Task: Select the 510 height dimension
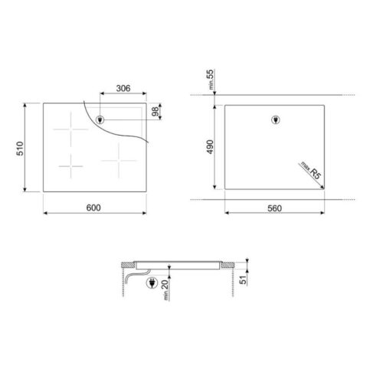click(20, 148)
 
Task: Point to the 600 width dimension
click(94, 208)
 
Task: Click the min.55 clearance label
click(211, 78)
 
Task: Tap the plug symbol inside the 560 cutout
click(277, 119)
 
